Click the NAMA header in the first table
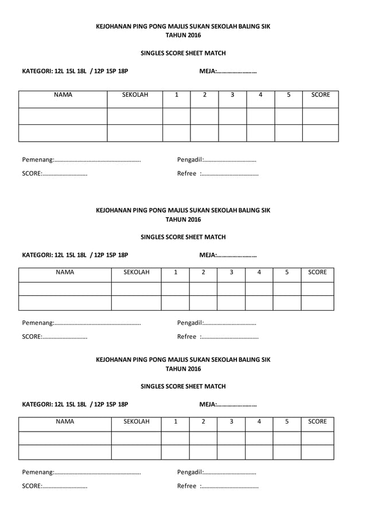pos(63,95)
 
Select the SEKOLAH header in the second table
pos(137,272)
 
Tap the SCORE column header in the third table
pos(317,421)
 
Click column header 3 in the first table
pos(232,95)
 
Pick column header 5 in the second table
pos(287,272)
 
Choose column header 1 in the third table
pos(175,421)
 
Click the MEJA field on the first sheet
pos(228,72)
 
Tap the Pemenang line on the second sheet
pos(81,323)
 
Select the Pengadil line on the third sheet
pos(217,472)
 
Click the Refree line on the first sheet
pos(218,174)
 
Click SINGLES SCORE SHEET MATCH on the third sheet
pos(183,386)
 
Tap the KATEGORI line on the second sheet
pos(75,255)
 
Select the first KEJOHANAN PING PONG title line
pos(183,26)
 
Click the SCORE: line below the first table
pos(54,174)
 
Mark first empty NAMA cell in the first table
pos(63,116)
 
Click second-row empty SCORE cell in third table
pos(317,452)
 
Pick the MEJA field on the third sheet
pos(228,404)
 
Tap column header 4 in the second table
pos(259,272)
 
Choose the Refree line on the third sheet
pos(218,486)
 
